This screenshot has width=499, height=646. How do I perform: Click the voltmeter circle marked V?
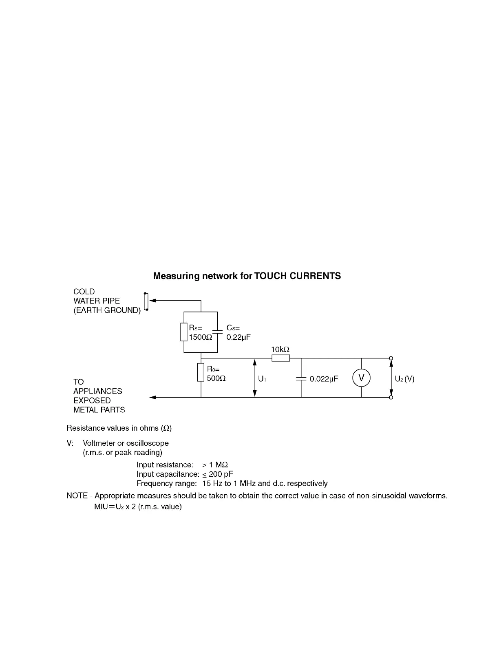(361, 378)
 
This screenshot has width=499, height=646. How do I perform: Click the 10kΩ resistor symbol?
(281, 358)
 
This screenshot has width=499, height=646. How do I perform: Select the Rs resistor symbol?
(184, 332)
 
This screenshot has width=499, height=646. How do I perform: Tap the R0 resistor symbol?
(201, 372)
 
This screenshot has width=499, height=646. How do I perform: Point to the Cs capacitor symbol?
(218, 332)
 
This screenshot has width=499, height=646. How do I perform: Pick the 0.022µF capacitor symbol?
(301, 378)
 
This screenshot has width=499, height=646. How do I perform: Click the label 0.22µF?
(238, 337)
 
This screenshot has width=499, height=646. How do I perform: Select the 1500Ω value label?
(201, 337)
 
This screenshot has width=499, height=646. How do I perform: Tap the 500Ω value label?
(216, 378)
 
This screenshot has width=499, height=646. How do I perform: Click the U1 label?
(262, 379)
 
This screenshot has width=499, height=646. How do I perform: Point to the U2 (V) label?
(404, 379)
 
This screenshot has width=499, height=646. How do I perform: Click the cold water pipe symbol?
(146, 301)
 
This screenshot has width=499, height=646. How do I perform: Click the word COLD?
(84, 292)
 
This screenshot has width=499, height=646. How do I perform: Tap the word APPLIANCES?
(98, 391)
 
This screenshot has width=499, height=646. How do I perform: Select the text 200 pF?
(221, 474)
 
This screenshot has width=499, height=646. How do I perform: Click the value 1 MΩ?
(218, 465)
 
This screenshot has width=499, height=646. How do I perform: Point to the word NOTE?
(77, 496)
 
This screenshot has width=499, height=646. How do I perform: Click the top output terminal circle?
(391, 358)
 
